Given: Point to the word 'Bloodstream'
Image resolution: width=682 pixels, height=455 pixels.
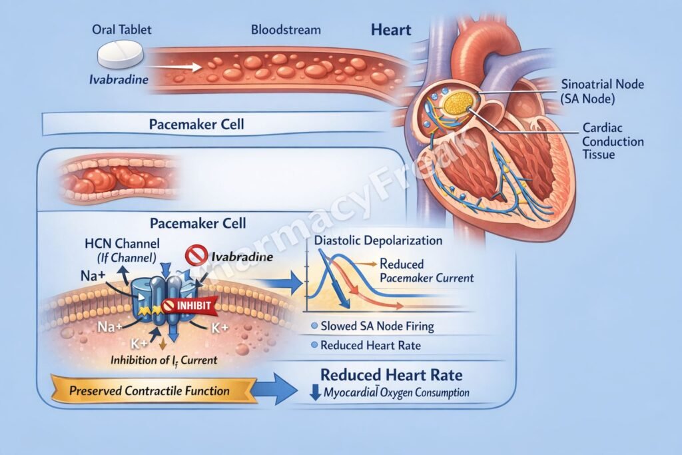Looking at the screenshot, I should point(286,30).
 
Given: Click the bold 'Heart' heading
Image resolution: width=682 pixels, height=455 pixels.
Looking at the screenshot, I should point(391,30).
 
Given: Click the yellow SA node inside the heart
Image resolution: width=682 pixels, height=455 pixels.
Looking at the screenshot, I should point(458,102).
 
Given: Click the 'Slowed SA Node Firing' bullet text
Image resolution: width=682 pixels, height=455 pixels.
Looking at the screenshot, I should point(377,326).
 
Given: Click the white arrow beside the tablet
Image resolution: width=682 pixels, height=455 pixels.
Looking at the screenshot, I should point(184,67).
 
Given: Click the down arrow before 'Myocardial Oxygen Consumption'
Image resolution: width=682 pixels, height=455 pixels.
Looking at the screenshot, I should point(315,392).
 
